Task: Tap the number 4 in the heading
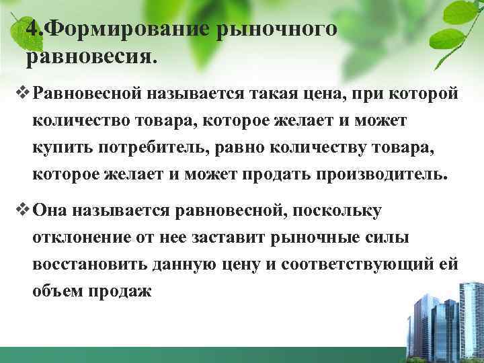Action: point(30,30)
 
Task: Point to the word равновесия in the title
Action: point(90,58)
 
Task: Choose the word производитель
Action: point(387,175)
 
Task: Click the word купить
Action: point(54,147)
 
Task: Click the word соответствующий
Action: point(358,265)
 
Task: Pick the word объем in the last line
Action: point(56,293)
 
